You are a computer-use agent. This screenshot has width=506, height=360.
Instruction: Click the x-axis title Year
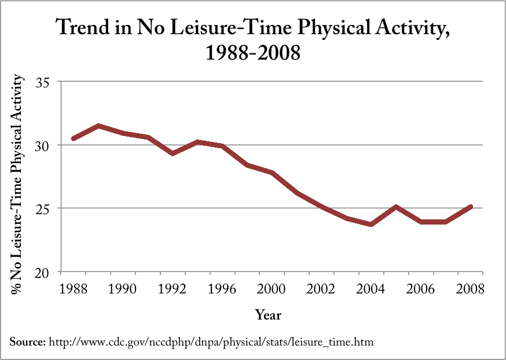(269, 315)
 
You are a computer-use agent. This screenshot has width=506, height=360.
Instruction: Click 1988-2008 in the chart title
(253, 54)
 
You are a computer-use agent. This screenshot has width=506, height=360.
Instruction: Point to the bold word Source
(27, 342)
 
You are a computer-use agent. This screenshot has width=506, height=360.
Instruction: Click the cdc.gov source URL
(211, 342)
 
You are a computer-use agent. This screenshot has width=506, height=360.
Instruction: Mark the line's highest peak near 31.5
(98, 126)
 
